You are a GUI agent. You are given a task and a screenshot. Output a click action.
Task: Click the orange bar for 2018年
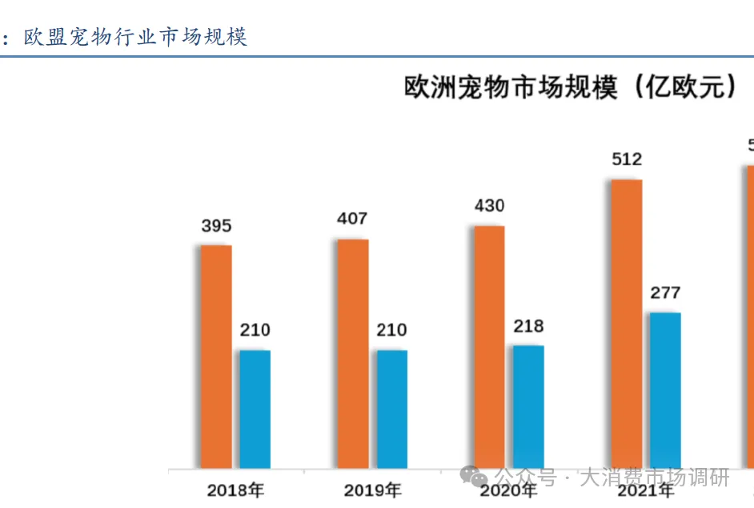pyautogui.click(x=216, y=357)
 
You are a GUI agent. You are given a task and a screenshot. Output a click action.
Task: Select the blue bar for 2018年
pyautogui.click(x=255, y=409)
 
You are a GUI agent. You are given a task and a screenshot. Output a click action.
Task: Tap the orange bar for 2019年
pyautogui.click(x=353, y=353)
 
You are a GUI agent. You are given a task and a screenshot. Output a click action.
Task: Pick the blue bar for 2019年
pyautogui.click(x=392, y=409)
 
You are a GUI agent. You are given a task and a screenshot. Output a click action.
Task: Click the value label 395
pyautogui.click(x=216, y=226)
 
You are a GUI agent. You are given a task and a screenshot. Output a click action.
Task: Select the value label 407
pyautogui.click(x=352, y=218)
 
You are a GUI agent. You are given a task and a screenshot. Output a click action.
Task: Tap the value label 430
pyautogui.click(x=489, y=206)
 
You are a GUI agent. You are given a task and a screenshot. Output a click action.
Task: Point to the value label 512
pyautogui.click(x=627, y=159)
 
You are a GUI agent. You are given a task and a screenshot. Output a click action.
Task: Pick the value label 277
pyautogui.click(x=665, y=293)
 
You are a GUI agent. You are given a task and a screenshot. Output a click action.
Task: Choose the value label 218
pyautogui.click(x=528, y=326)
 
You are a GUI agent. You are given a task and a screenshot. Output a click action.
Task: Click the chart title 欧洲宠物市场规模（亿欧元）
pyautogui.click(x=571, y=86)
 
